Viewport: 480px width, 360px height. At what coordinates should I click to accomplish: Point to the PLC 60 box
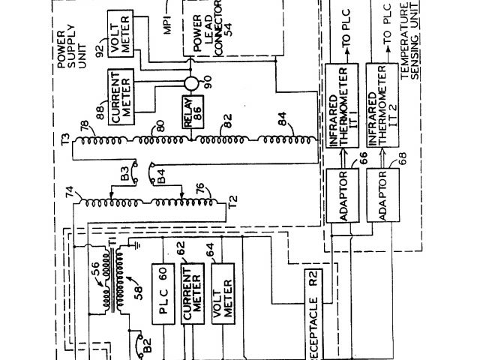[163, 294]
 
